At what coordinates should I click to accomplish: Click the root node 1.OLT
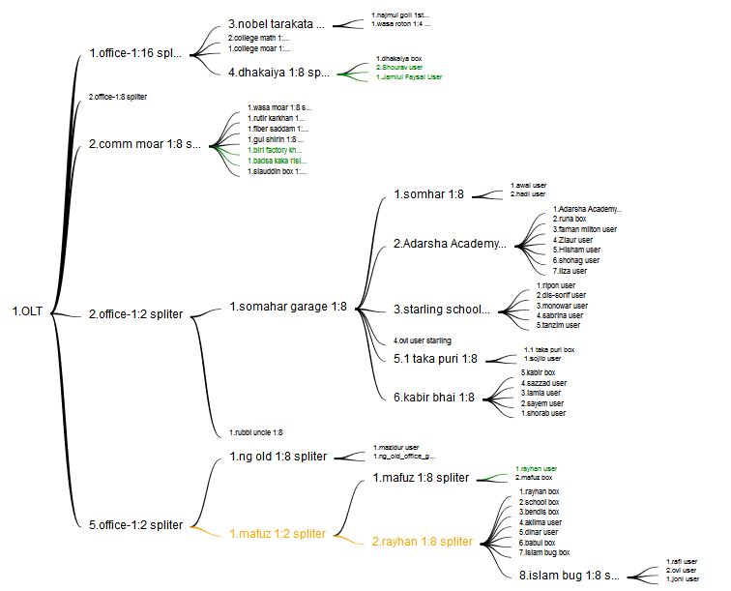pyautogui.click(x=29, y=311)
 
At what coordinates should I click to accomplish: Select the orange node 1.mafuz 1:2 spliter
pyautogui.click(x=278, y=533)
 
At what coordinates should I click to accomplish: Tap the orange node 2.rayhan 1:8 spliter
pyautogui.click(x=423, y=542)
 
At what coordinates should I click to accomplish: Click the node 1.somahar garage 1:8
pyautogui.click(x=287, y=307)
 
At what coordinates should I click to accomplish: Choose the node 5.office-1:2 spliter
pyautogui.click(x=135, y=524)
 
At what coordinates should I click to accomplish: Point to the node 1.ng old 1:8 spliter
pyautogui.click(x=278, y=456)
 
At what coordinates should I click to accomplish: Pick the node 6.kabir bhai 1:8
pyautogui.click(x=435, y=397)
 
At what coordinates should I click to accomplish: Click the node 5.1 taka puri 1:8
pyautogui.click(x=435, y=359)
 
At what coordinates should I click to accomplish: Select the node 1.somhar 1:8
pyautogui.click(x=428, y=194)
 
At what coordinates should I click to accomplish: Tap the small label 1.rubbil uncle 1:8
pyautogui.click(x=255, y=432)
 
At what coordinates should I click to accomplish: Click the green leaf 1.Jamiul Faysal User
pyautogui.click(x=409, y=76)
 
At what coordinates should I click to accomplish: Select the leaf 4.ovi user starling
pyautogui.click(x=422, y=340)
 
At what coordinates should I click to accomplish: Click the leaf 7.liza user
pyautogui.click(x=570, y=270)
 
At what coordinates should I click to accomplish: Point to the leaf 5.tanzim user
pyautogui.click(x=559, y=324)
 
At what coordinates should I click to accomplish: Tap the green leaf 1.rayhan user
pyautogui.click(x=536, y=468)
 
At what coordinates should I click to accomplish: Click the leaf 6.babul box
pyautogui.click(x=538, y=542)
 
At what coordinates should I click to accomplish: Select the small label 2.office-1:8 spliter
pyautogui.click(x=117, y=97)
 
